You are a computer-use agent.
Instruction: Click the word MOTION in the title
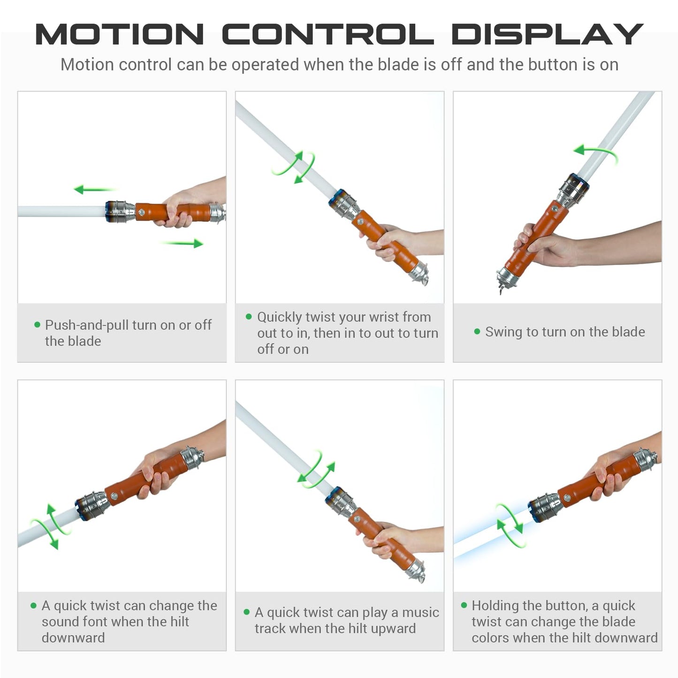point(119,34)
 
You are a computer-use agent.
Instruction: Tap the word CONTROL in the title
point(328,34)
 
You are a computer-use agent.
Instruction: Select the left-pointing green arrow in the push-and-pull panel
point(94,189)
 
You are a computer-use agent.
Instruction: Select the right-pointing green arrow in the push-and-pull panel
point(182,243)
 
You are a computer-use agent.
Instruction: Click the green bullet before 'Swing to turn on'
point(477,331)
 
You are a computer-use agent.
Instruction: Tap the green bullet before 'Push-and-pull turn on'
point(37,324)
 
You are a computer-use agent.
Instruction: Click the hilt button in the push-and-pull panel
point(141,212)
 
